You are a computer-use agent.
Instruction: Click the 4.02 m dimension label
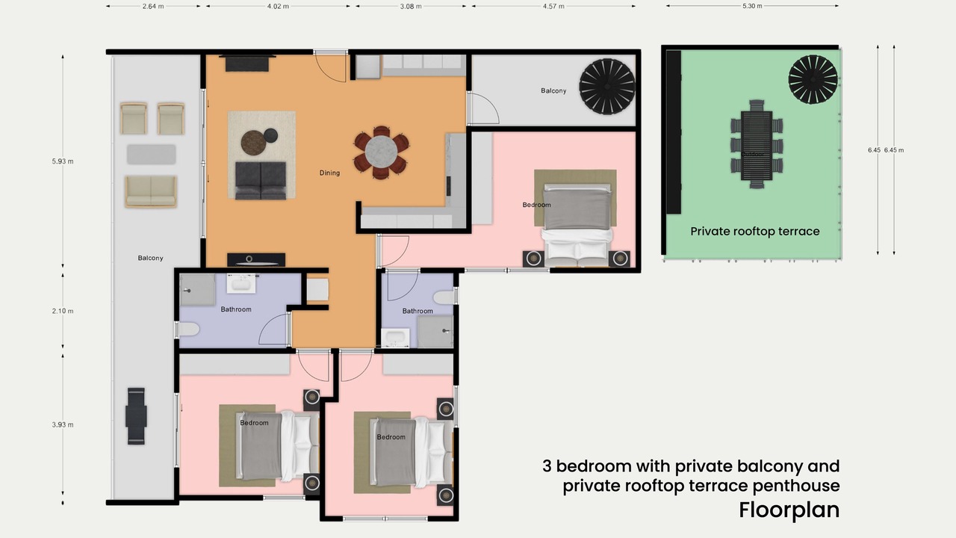pyautogui.click(x=278, y=7)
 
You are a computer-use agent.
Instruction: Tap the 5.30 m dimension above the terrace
pyautogui.click(x=752, y=6)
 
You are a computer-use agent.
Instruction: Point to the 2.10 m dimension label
pyautogui.click(x=63, y=311)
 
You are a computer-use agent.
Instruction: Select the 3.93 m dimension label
pyautogui.click(x=63, y=424)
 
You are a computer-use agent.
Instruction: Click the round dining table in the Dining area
pyautogui.click(x=381, y=152)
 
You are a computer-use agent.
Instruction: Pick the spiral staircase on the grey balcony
pyautogui.click(x=607, y=86)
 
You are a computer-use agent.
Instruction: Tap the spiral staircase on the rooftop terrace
pyautogui.click(x=813, y=79)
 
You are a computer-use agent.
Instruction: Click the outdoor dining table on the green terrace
pyautogui.click(x=757, y=145)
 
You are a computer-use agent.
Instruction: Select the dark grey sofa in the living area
pyautogui.click(x=261, y=180)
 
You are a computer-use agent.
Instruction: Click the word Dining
pyautogui.click(x=329, y=173)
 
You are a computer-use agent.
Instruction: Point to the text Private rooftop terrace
pyautogui.click(x=755, y=232)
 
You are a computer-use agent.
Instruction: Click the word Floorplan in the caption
pyautogui.click(x=789, y=510)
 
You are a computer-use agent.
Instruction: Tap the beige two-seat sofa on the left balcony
pyautogui.click(x=151, y=191)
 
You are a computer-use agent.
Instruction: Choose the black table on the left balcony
pyautogui.click(x=136, y=416)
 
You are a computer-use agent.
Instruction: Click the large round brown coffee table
pyautogui.click(x=253, y=142)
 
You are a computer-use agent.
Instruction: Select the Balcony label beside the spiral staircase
pyautogui.click(x=553, y=90)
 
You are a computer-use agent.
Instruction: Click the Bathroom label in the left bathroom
pyautogui.click(x=236, y=309)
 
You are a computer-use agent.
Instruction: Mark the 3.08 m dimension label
pyautogui.click(x=411, y=7)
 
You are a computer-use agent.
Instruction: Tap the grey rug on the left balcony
pyautogui.click(x=151, y=154)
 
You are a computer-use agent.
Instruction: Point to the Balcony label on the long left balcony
pyautogui.click(x=150, y=258)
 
